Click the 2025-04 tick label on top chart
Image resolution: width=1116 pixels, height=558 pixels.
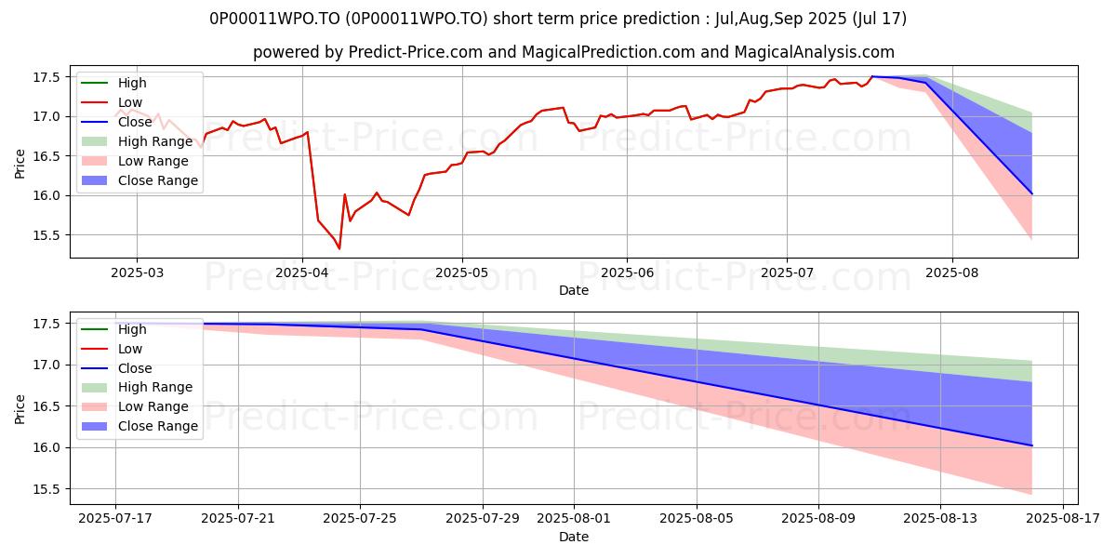[301, 272]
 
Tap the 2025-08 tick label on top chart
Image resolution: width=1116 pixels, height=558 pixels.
[951, 272]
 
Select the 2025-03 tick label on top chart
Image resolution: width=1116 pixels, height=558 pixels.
[137, 272]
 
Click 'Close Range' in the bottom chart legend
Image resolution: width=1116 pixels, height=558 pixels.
[157, 426]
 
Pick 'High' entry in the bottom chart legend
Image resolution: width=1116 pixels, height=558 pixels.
[132, 329]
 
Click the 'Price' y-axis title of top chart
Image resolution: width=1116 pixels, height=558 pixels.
[20, 162]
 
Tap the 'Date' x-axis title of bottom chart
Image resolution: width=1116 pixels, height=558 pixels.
[574, 537]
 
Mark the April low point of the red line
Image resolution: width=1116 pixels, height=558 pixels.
[339, 248]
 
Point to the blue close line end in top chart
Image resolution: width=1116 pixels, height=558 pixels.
[1031, 193]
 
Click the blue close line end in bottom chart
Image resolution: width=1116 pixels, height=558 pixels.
[1031, 445]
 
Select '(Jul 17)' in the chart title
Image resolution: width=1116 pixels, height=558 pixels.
[875, 19]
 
